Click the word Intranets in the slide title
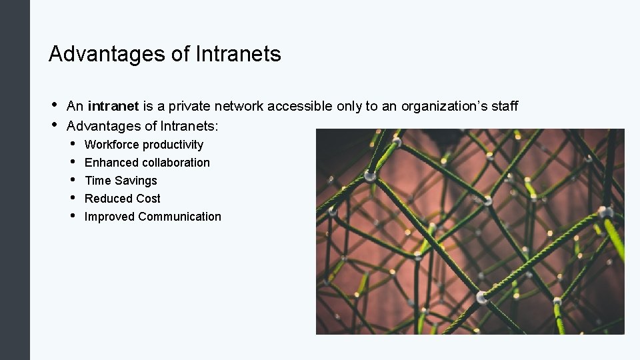click(238, 54)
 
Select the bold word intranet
click(113, 106)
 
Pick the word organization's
click(443, 106)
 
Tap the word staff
click(504, 106)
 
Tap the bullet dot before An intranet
click(53, 105)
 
